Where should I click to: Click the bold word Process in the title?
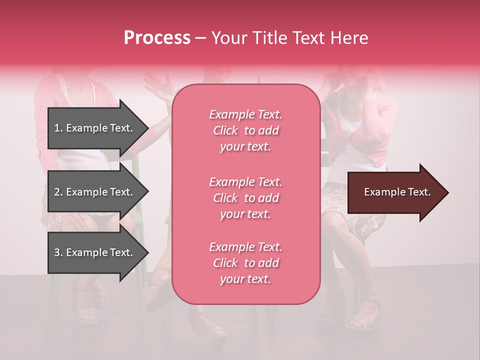click(x=157, y=37)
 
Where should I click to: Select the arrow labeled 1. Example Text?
click(x=95, y=128)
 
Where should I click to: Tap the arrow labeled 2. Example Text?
click(x=95, y=192)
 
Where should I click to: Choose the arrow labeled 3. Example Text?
click(x=95, y=252)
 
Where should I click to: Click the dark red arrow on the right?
click(x=395, y=192)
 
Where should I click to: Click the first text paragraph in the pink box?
click(x=245, y=130)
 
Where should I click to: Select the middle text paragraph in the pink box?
click(x=245, y=198)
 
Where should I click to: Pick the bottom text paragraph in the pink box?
click(x=245, y=263)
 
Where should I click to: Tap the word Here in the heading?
click(x=350, y=37)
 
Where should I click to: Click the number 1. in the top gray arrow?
click(x=58, y=128)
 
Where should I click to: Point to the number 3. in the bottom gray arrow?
click(x=58, y=252)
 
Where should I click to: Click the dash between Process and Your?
click(x=200, y=38)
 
